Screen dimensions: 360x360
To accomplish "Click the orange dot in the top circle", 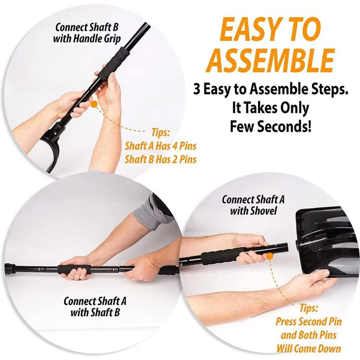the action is pos(94,104).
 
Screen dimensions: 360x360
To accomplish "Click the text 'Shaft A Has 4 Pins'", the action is pos(160,146).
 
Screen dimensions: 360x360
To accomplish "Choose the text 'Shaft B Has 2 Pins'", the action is pos(160,159).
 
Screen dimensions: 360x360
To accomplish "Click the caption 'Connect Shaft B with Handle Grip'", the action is pos(87,33).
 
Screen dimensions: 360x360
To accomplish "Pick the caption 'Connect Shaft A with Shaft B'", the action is pos(95,307).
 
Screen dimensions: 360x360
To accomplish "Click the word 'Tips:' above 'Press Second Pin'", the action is pos(309,308).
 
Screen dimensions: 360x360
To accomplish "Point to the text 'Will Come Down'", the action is pos(309,348).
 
